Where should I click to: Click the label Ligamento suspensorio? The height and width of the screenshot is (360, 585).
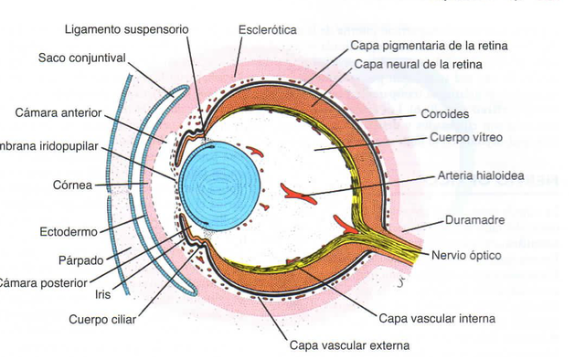[124, 29]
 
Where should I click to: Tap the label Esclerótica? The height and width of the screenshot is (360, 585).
[267, 29]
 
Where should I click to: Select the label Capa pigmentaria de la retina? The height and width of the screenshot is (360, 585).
[430, 45]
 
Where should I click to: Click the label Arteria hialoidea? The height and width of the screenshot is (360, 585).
[481, 175]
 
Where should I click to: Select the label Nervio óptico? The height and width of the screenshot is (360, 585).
[466, 255]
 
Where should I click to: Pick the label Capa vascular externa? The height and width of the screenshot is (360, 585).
[349, 345]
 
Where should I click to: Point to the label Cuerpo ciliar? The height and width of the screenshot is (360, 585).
[103, 320]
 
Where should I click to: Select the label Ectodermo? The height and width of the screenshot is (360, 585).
[69, 231]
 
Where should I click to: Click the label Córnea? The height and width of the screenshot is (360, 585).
[72, 185]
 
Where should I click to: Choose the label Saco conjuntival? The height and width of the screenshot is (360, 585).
[81, 58]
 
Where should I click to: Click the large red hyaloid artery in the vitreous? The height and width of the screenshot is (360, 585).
[297, 192]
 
